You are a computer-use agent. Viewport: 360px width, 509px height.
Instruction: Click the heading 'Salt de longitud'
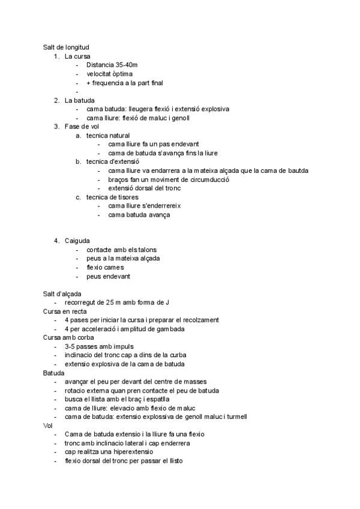click(67, 47)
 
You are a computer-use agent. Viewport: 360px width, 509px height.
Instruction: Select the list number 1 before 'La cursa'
click(56, 56)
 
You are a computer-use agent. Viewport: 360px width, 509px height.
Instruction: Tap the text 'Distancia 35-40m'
click(112, 65)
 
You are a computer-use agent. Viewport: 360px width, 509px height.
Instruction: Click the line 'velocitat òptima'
click(109, 74)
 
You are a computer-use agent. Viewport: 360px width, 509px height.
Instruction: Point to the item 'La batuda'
click(80, 100)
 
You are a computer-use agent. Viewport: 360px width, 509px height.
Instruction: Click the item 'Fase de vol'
click(82, 127)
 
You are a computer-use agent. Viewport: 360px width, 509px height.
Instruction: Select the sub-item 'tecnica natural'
click(107, 136)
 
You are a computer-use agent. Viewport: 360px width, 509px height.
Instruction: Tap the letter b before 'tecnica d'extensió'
click(78, 162)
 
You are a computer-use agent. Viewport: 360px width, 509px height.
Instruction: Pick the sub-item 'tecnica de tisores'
click(112, 197)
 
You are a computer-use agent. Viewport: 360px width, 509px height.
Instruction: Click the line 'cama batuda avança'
click(139, 214)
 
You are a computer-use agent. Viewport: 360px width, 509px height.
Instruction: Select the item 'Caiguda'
click(77, 241)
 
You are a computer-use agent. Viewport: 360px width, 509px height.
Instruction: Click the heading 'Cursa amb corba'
click(68, 338)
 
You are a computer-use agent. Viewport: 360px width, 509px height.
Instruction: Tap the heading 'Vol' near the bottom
click(48, 426)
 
